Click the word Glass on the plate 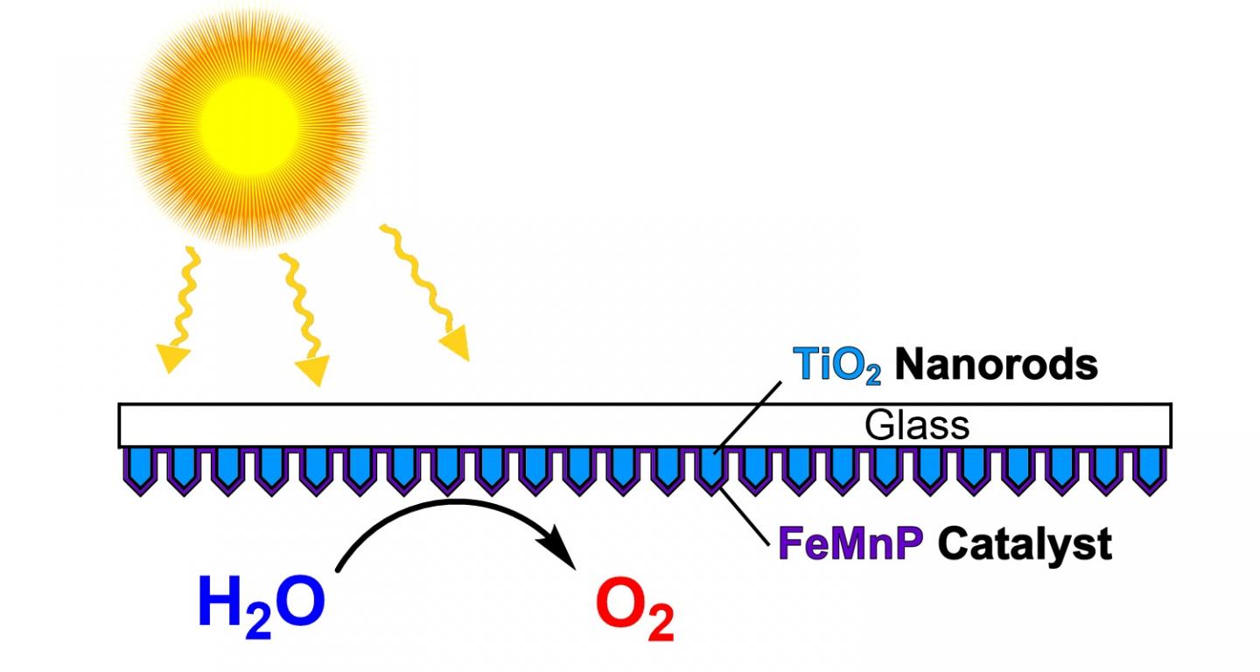click(917, 425)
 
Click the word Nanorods click(996, 365)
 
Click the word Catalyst click(1025, 544)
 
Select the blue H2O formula click(262, 603)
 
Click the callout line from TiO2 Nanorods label click(748, 416)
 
